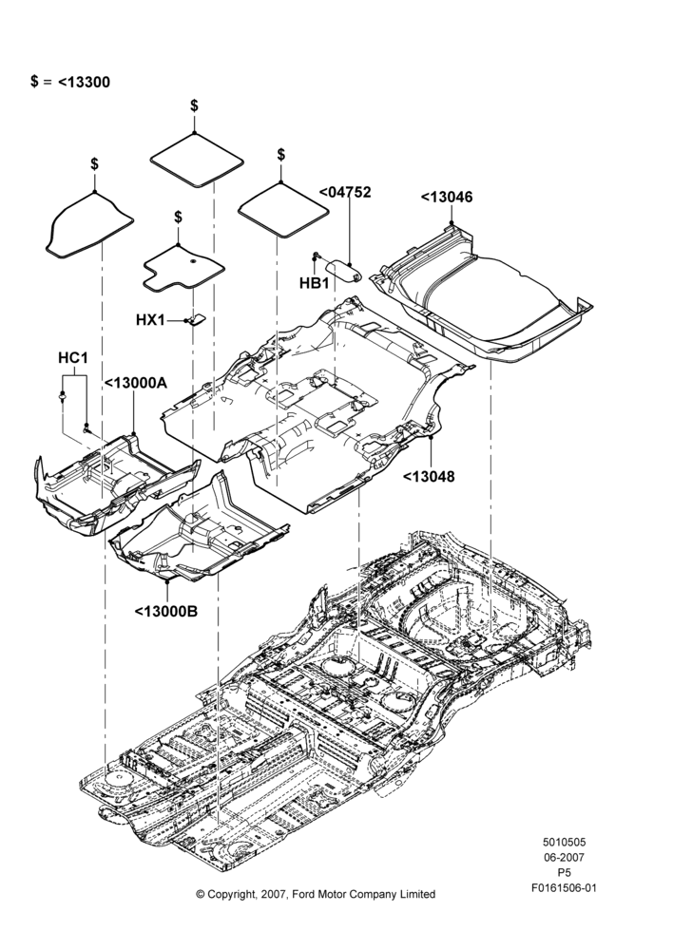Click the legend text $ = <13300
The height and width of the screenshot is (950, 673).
click(x=70, y=82)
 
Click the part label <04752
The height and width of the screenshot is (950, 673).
click(x=345, y=192)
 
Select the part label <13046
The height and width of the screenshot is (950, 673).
click(x=447, y=197)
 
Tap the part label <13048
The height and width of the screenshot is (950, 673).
click(x=429, y=476)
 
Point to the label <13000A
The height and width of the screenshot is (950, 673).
click(x=136, y=383)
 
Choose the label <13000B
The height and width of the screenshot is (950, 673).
click(x=166, y=611)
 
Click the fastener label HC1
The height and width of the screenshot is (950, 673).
click(x=73, y=358)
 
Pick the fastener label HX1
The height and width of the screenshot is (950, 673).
click(x=150, y=319)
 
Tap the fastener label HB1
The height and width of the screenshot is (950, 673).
click(x=314, y=283)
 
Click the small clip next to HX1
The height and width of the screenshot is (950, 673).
click(x=195, y=318)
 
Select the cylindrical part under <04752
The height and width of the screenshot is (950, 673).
click(x=344, y=270)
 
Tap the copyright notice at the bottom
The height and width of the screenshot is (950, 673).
click(x=316, y=894)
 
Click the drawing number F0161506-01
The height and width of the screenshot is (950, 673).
click(x=564, y=888)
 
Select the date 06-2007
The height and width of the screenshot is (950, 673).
click(x=564, y=857)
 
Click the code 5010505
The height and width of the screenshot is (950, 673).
click(x=564, y=842)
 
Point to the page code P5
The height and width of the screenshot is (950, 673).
click(x=564, y=873)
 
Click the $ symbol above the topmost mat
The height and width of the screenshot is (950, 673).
click(x=194, y=105)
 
